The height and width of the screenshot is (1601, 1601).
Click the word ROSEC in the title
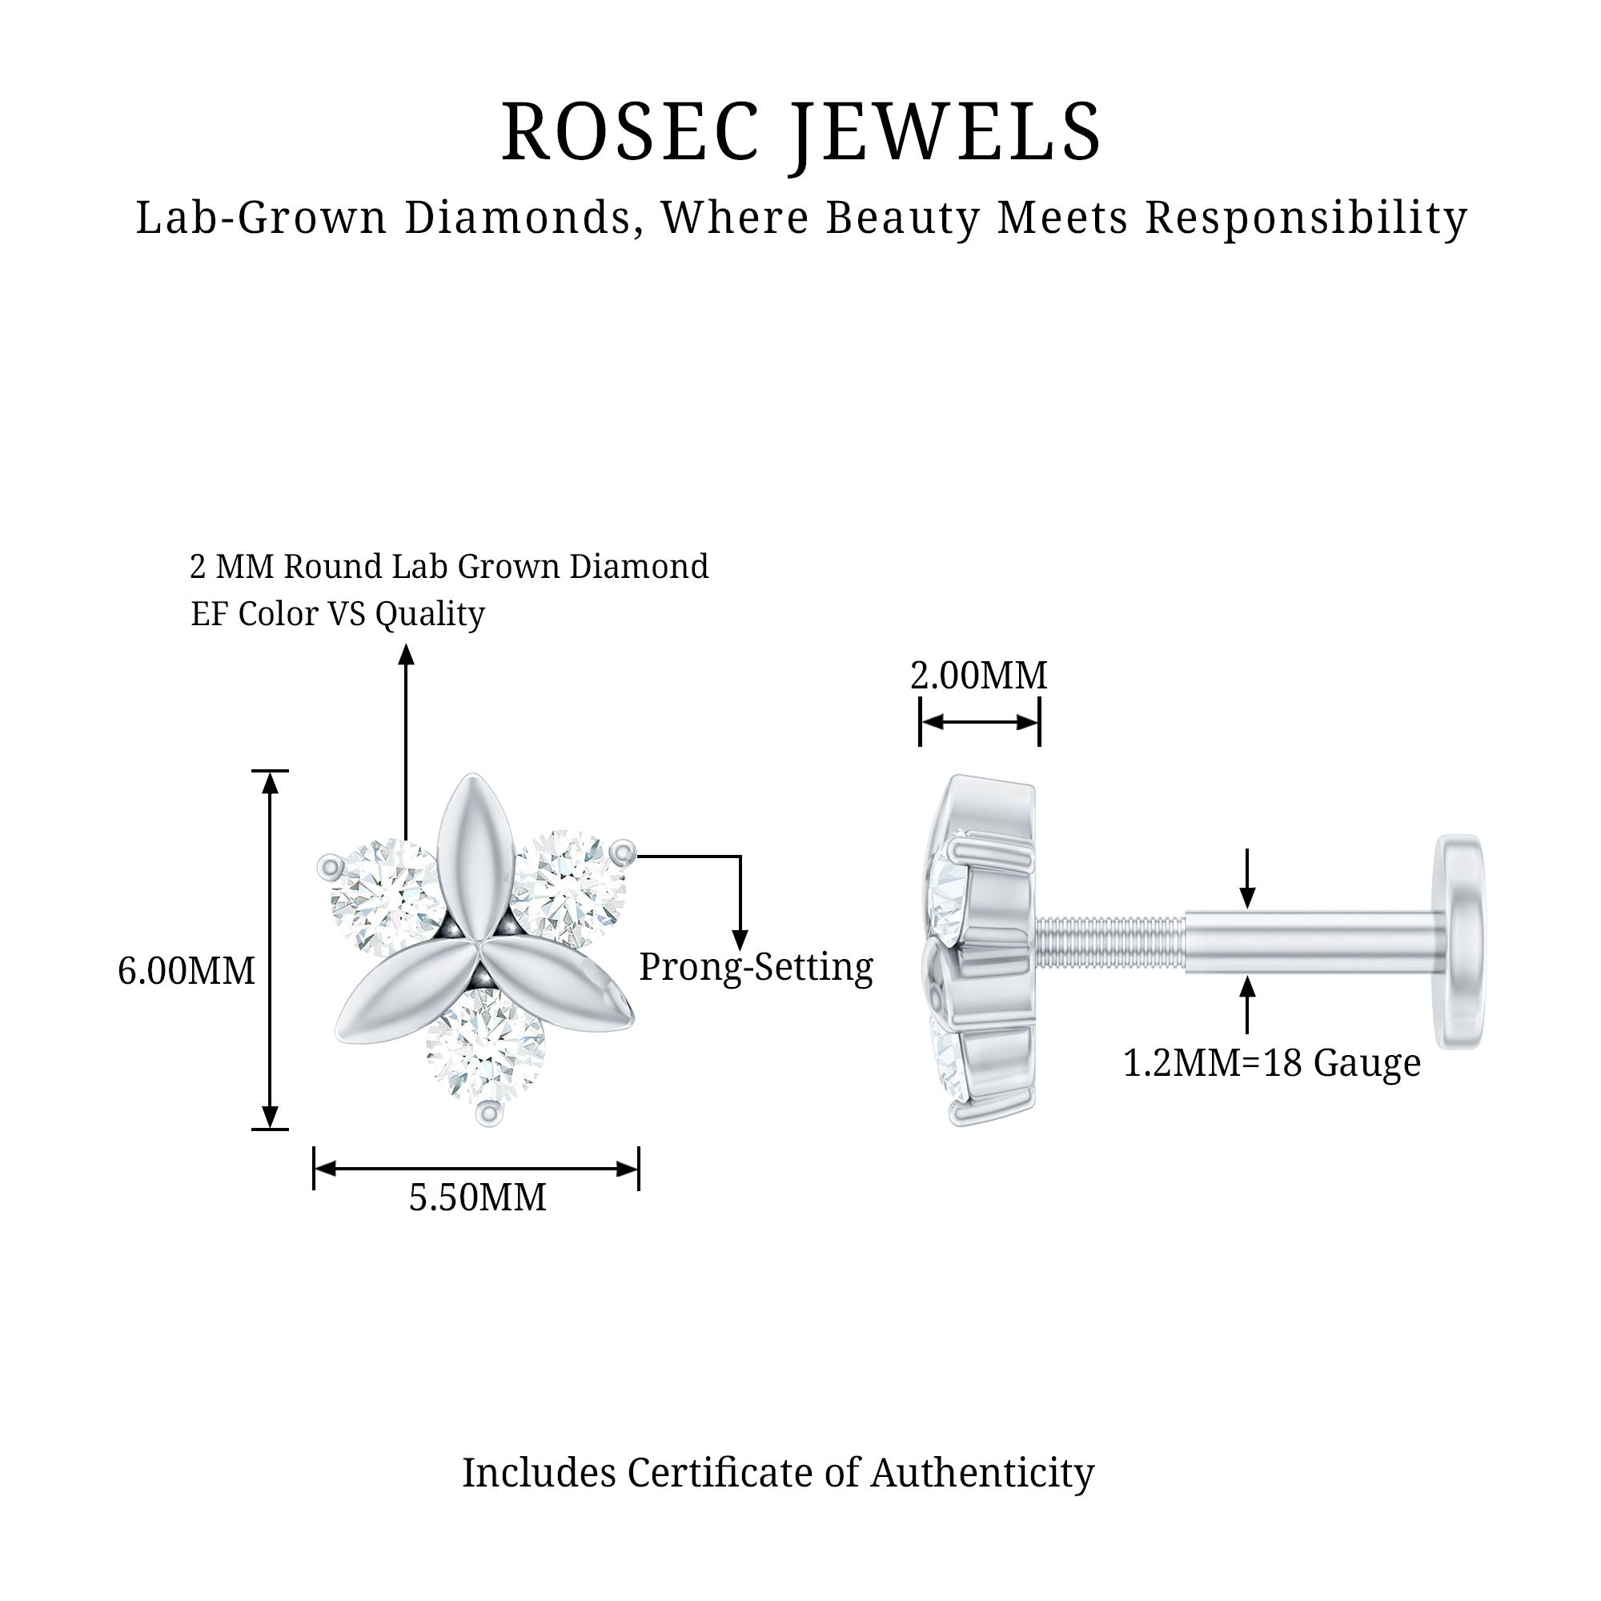(x=631, y=133)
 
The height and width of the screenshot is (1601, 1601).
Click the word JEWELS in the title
(x=945, y=133)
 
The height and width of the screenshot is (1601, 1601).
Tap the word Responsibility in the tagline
(x=1306, y=219)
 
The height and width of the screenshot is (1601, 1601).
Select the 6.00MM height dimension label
(x=187, y=971)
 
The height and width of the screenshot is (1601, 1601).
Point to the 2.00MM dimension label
(x=979, y=676)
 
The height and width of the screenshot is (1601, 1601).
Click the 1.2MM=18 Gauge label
(x=1271, y=1063)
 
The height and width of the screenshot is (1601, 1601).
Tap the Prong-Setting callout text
(x=756, y=967)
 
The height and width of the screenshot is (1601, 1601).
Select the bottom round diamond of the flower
(x=485, y=1050)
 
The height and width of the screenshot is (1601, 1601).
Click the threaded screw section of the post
(x=1110, y=942)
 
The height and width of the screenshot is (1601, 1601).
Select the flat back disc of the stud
(x=1461, y=942)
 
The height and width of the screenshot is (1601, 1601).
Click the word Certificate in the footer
(x=742, y=1473)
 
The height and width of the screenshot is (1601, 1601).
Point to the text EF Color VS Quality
(x=337, y=614)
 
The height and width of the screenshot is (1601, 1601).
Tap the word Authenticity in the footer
(x=982, y=1473)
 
